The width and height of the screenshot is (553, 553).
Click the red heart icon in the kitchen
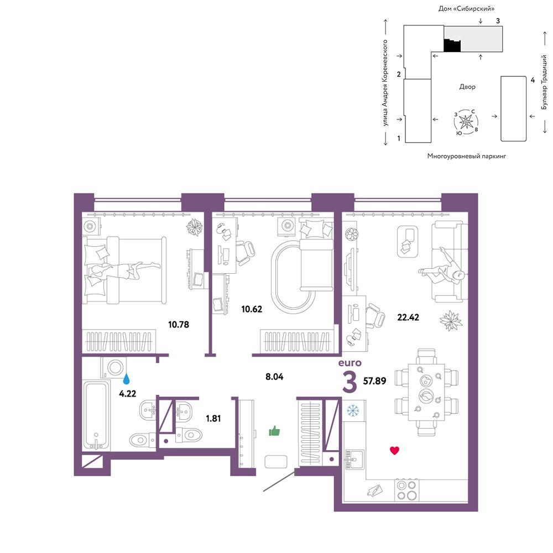tap(394, 450)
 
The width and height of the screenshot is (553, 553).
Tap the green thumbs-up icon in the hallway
tap(274, 431)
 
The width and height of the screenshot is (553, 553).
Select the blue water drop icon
tap(126, 379)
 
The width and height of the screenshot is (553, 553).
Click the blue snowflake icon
tap(352, 410)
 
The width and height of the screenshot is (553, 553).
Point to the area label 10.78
tap(179, 325)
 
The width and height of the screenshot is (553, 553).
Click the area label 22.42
tap(408, 317)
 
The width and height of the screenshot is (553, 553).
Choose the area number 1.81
tap(213, 419)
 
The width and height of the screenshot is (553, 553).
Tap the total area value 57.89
tap(374, 381)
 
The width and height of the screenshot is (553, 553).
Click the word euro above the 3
tap(350, 363)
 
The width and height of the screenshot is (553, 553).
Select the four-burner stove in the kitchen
tap(406, 490)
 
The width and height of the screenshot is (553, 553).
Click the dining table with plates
tap(426, 392)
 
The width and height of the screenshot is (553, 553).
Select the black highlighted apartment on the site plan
tap(452, 45)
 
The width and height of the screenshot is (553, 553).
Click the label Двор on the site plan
tap(467, 86)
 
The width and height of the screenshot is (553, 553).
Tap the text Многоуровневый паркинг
tap(466, 156)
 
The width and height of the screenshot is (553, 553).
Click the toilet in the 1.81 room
tap(189, 435)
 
